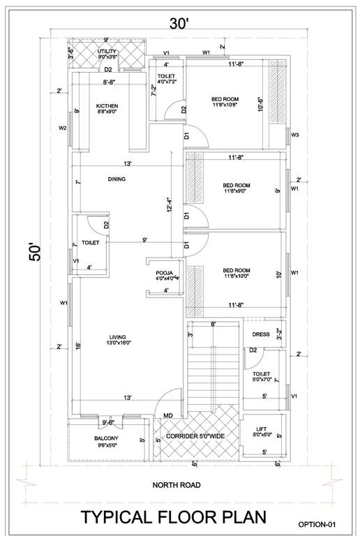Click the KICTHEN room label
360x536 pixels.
coord(98,107)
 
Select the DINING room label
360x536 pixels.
coord(117,179)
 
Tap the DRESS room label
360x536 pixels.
coord(260,334)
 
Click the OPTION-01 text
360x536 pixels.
coord(322,523)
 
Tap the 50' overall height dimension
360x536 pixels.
coord(36,251)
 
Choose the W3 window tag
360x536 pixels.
coord(295,135)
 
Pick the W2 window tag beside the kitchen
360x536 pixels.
coord(63,128)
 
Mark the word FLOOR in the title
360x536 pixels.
coord(183,518)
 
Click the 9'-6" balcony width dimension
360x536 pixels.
coord(108,422)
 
